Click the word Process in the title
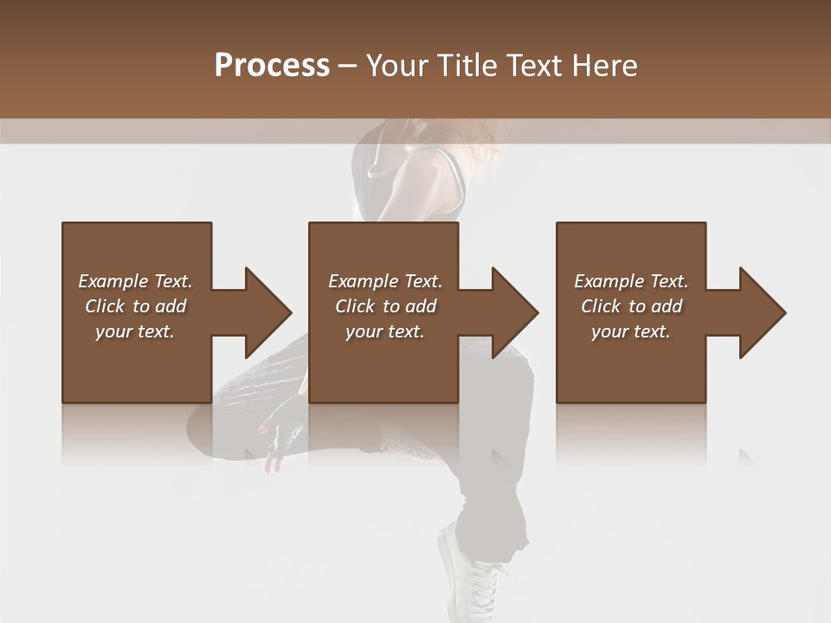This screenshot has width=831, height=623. tap(272, 66)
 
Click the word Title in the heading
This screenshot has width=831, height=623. tap(464, 66)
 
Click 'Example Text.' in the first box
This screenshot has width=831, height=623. tap(135, 281)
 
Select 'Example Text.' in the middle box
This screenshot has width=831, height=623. tap(385, 281)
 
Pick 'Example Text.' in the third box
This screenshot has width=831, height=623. tap(631, 281)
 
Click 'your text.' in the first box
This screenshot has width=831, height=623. tap(135, 331)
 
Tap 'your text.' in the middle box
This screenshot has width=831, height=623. tap(385, 331)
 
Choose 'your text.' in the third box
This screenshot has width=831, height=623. tap(631, 331)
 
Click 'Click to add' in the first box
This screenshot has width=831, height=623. tap(135, 306)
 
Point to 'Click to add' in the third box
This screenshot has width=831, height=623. tap(631, 306)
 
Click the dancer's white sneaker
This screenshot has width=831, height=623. tap(472, 575)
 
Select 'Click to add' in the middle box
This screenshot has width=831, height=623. tap(385, 306)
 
